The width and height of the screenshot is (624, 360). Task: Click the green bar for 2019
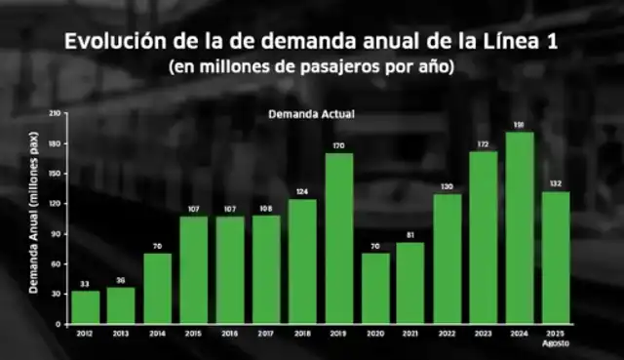(x=338, y=238)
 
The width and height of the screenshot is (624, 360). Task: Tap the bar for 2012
(x=86, y=306)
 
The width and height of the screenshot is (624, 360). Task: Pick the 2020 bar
(x=374, y=288)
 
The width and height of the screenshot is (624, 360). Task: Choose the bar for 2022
(x=447, y=258)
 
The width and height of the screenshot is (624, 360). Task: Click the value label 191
(x=519, y=124)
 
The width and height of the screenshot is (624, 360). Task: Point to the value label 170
(x=338, y=145)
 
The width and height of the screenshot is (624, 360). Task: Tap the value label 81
(x=410, y=234)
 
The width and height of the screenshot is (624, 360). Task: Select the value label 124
(x=302, y=191)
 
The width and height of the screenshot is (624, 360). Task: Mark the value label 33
(x=86, y=283)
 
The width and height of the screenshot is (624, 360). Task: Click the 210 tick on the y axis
(x=55, y=114)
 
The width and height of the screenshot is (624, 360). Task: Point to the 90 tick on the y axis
(x=57, y=234)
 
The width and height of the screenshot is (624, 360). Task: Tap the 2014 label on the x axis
(x=158, y=333)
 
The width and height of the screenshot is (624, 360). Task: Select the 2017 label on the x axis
(x=266, y=333)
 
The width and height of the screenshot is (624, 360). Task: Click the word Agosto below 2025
(x=556, y=343)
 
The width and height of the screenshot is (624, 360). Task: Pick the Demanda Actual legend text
(x=311, y=114)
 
